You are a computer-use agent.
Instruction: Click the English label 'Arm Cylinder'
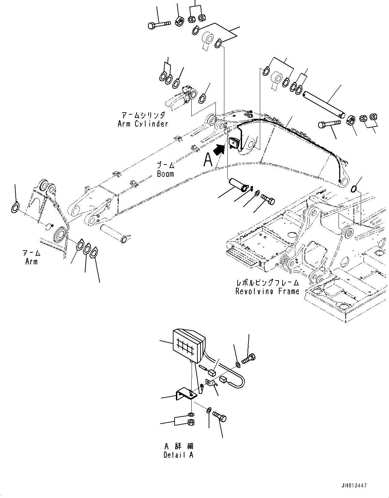[x=143, y=124]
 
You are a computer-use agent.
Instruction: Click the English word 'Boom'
[x=165, y=174]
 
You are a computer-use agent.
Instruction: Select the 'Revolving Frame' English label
[x=267, y=291]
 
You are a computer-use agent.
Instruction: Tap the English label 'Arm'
[x=31, y=262]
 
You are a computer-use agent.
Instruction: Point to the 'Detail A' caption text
[x=178, y=455]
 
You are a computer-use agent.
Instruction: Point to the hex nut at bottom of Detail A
[x=191, y=423]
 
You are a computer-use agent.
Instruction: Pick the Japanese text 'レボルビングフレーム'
[x=268, y=283]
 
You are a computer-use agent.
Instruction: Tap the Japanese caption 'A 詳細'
[x=179, y=446]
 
